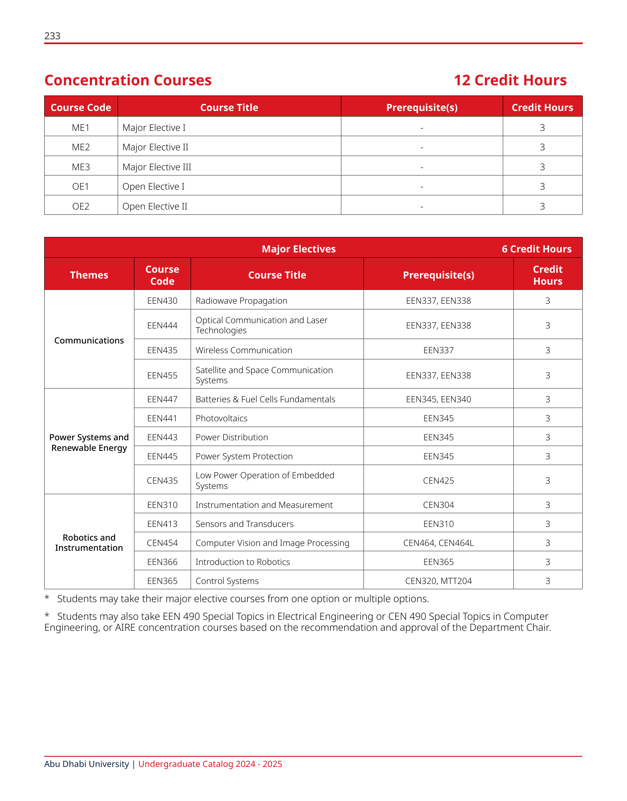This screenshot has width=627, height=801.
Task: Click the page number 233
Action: pyautogui.click(x=52, y=36)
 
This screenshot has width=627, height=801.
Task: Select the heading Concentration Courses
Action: pyautogui.click(x=128, y=80)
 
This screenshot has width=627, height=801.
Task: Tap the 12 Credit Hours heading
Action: pyautogui.click(x=510, y=80)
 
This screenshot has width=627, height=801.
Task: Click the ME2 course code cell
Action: pyautogui.click(x=81, y=147)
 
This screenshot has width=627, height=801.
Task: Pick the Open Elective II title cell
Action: pyautogui.click(x=155, y=206)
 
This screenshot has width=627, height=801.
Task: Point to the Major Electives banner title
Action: pyautogui.click(x=298, y=249)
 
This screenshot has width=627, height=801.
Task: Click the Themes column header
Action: pyautogui.click(x=89, y=275)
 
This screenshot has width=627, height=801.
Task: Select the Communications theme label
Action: pyautogui.click(x=89, y=340)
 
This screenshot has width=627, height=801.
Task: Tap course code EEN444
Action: pyautogui.click(x=162, y=325)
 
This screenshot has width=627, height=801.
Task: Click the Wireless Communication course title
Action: pyautogui.click(x=244, y=350)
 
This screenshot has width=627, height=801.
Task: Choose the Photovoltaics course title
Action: pyautogui.click(x=222, y=418)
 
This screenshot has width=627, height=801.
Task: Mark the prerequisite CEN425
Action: pyautogui.click(x=438, y=481)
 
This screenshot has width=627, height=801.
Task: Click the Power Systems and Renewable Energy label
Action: pyautogui.click(x=89, y=442)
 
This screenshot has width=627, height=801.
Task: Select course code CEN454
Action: pyautogui.click(x=162, y=543)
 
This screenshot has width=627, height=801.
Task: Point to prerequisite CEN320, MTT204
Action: pyautogui.click(x=438, y=581)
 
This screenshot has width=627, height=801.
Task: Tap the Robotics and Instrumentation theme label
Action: pyautogui.click(x=89, y=543)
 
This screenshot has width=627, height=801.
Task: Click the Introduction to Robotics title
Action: pyautogui.click(x=243, y=562)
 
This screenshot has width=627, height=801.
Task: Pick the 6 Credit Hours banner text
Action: pyautogui.click(x=536, y=249)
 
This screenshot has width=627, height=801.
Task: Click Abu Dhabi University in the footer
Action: pyautogui.click(x=87, y=764)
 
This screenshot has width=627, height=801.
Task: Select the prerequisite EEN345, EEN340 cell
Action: pyautogui.click(x=438, y=399)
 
